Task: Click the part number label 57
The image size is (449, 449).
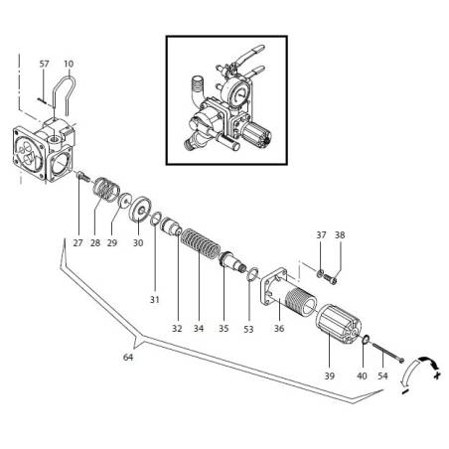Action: click(x=45, y=64)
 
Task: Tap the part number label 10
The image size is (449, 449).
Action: click(x=69, y=64)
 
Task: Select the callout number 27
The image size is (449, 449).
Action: click(x=76, y=241)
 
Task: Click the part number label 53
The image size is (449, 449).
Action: click(x=248, y=328)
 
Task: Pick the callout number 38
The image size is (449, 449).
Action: click(x=339, y=235)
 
